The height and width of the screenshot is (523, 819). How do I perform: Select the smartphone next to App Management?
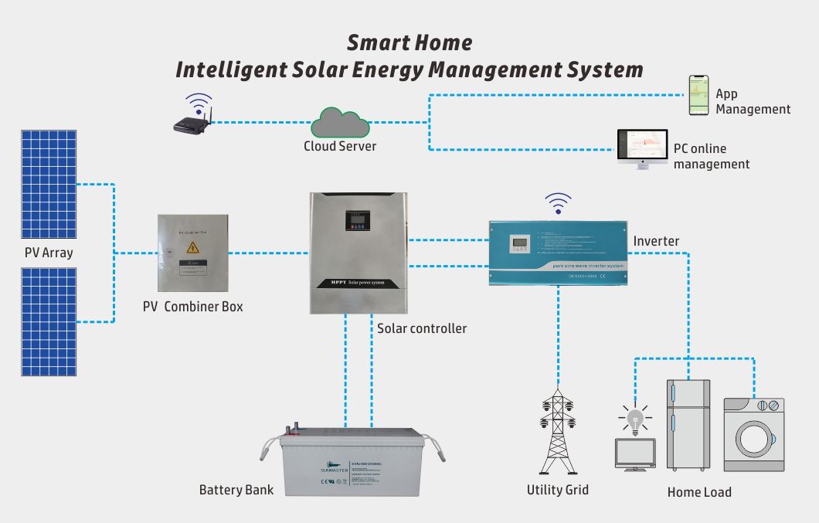698,96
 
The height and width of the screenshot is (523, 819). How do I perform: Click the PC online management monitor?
641,147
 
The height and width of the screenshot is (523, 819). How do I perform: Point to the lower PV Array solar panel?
49,321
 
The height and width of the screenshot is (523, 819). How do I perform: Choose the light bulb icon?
635,419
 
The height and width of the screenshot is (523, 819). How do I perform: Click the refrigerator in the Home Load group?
688,424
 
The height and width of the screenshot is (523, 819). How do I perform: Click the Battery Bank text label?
236,490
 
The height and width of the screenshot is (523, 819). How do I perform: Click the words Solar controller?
422,328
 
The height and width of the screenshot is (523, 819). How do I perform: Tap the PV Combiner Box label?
192,307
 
